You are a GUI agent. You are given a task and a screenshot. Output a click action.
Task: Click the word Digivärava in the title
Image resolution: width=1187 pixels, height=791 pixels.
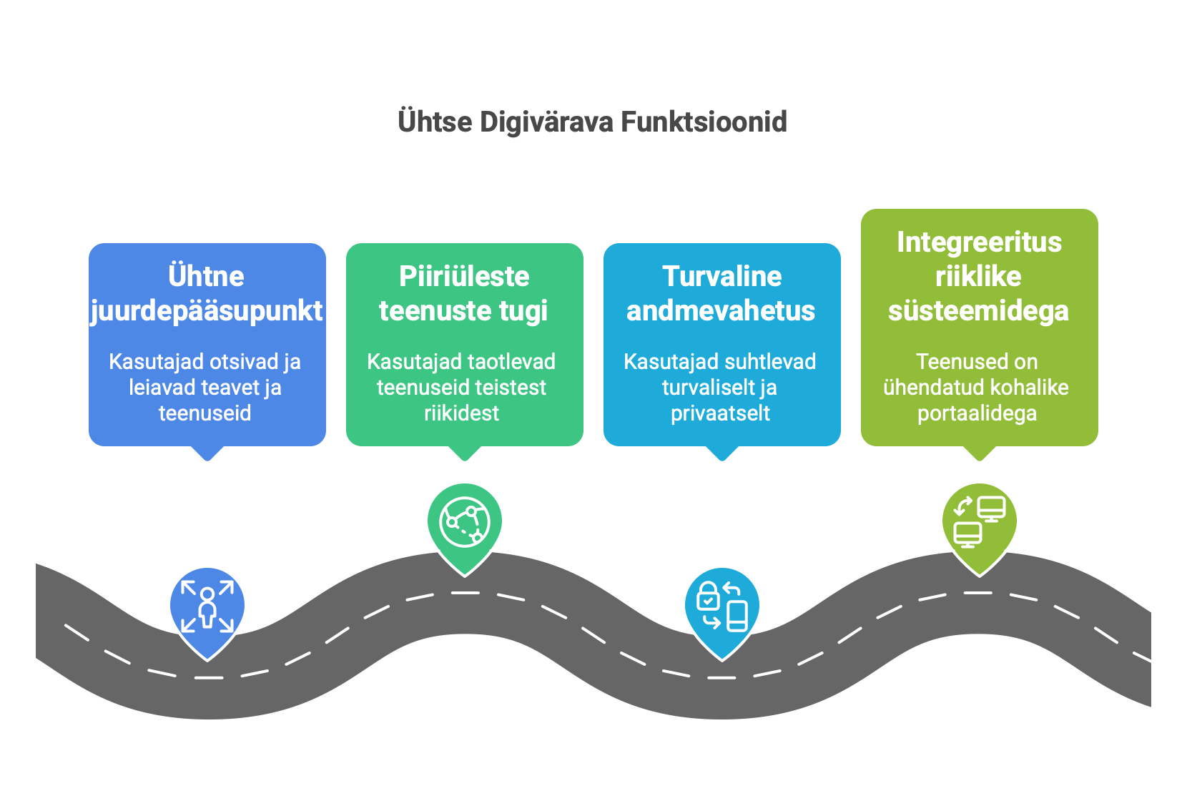coord(546,122)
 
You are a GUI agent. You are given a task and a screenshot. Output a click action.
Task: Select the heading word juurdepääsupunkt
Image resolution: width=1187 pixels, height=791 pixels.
coord(207,311)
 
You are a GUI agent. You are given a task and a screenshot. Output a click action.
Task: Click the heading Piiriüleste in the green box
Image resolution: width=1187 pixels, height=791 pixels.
coord(464,277)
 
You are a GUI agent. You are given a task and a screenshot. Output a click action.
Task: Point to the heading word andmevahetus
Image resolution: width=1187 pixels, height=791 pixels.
coord(721,311)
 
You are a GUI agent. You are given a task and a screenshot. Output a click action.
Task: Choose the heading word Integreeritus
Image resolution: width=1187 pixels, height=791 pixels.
coord(979,242)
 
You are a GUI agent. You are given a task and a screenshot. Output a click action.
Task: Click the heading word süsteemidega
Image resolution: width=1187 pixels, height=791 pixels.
coord(978,311)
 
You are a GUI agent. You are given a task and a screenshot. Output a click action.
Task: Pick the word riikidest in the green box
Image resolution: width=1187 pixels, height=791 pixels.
coord(462,413)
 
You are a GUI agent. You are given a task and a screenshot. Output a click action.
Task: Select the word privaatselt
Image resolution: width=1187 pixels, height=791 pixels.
coord(720,413)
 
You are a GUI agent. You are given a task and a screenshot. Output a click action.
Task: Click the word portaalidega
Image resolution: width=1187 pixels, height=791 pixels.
coord(977,413)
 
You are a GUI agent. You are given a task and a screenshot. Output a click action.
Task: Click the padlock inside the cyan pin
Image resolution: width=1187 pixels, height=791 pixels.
coord(708,595)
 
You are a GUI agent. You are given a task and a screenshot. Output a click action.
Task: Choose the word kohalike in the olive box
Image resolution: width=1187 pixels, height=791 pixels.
coord(1035,388)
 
